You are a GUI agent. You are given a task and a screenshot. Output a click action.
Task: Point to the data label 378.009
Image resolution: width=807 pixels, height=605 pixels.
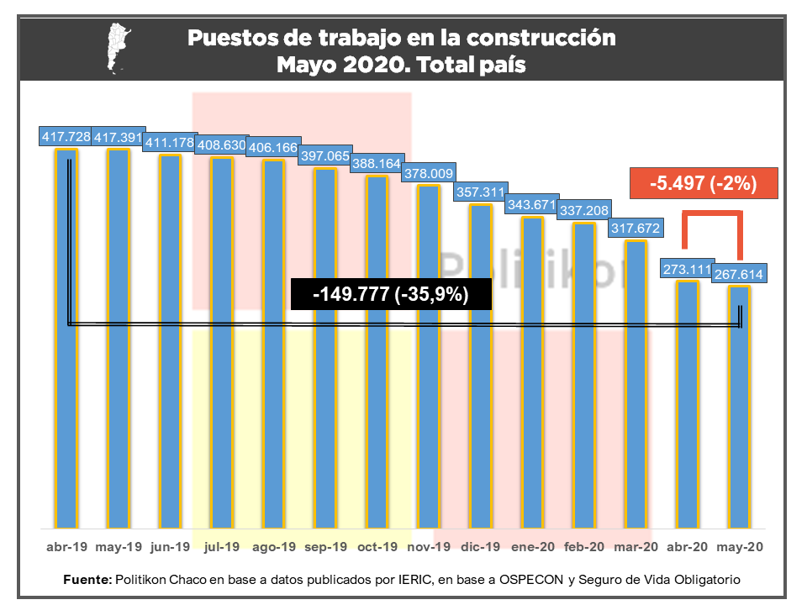[429, 174]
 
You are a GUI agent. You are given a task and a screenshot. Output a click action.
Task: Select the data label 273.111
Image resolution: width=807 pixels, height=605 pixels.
[687, 271]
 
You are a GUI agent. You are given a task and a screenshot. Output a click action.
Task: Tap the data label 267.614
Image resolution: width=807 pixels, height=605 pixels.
[740, 274]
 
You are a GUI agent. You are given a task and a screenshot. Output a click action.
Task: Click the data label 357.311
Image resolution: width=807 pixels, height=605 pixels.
[480, 192]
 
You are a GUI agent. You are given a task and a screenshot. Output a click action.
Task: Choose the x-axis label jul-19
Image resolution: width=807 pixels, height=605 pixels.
[222, 547]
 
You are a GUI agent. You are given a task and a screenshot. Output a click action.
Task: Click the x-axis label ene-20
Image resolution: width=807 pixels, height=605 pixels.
[532, 547]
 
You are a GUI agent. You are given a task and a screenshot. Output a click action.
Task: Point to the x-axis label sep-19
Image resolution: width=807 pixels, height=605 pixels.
[325, 547]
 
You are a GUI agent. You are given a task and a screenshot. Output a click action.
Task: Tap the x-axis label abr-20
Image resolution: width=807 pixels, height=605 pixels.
[687, 547]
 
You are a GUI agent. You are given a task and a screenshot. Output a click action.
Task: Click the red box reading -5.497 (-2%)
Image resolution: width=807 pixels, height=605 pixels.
[704, 183]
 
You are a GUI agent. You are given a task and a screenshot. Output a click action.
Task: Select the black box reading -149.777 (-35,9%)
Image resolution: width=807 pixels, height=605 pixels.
[390, 294]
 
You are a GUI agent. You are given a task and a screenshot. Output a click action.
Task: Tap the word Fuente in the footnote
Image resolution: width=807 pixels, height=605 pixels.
[87, 581]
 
